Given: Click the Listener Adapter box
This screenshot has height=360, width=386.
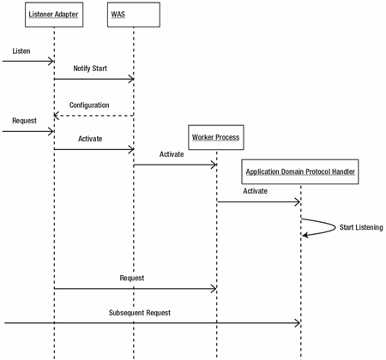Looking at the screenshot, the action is pyautogui.click(x=54, y=15).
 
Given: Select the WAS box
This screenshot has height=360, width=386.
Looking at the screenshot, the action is pyautogui.click(x=134, y=15).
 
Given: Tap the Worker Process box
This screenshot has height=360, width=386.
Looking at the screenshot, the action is pyautogui.click(x=216, y=137).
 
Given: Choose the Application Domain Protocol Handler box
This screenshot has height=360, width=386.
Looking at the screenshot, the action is pyautogui.click(x=300, y=171).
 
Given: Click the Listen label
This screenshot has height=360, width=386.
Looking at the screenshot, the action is pyautogui.click(x=21, y=51).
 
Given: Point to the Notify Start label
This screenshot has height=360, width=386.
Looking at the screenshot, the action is pyautogui.click(x=90, y=69).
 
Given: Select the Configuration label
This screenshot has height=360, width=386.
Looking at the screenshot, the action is pyautogui.click(x=89, y=105).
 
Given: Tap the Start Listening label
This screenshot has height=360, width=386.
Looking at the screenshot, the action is pyautogui.click(x=361, y=227).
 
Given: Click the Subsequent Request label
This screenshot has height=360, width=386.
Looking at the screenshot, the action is pyautogui.click(x=140, y=313).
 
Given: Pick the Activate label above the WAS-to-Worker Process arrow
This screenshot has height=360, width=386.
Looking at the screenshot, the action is pyautogui.click(x=172, y=154).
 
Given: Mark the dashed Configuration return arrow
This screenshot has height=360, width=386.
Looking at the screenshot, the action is pyautogui.click(x=93, y=116).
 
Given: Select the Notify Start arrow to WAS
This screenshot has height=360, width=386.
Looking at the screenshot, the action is pyautogui.click(x=94, y=79).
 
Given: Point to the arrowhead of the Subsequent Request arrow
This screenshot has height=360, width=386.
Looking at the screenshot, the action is pyautogui.click(x=298, y=323).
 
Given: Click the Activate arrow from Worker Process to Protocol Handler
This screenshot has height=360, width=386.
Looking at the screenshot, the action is pyautogui.click(x=259, y=202).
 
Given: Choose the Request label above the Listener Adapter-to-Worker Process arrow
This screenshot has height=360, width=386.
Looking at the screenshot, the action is pyautogui.click(x=132, y=278).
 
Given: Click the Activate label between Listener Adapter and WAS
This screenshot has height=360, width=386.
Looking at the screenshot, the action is pyautogui.click(x=90, y=139).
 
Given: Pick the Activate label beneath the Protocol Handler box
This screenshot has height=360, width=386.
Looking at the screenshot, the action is pyautogui.click(x=256, y=191).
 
